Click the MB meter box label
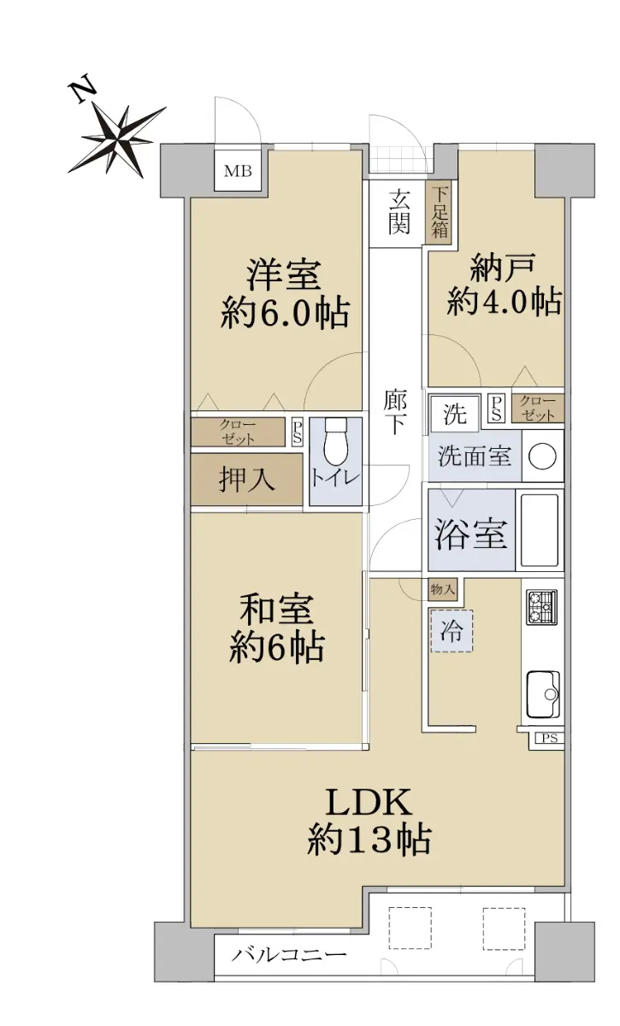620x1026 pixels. [238, 172]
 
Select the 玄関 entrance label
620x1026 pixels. [399, 212]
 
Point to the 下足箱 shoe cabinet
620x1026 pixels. [439, 212]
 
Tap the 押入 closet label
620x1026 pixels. [246, 480]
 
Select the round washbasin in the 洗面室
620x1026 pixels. [542, 457]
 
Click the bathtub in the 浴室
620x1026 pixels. [540, 530]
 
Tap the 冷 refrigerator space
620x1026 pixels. [452, 631]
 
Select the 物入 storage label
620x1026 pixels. [443, 589]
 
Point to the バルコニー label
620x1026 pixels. [288, 952]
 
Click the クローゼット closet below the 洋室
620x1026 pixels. [238, 432]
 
